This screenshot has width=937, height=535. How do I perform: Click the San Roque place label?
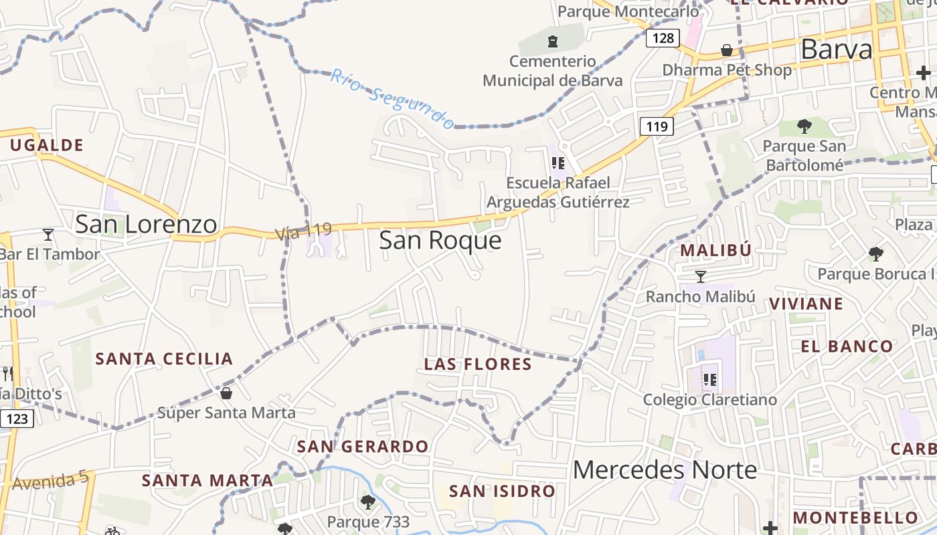coord(440,240)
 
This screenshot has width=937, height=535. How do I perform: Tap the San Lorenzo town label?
coord(146,224)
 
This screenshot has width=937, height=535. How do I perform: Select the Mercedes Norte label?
coord(665,469)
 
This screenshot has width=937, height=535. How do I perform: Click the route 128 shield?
coord(663,37)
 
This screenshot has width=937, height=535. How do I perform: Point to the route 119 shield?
coord(656,126)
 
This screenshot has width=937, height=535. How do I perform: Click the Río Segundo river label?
coord(393,98)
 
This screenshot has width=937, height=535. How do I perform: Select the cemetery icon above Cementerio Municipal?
coord(552,42)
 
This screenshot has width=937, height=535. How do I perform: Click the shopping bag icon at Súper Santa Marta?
coord(226,393)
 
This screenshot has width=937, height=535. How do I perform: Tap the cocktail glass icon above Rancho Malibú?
coord(701,276)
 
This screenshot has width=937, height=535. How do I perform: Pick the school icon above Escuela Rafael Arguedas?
coord(558,163)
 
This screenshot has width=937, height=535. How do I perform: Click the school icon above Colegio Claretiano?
coord(710,380)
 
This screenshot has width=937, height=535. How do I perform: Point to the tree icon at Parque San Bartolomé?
coord(804,126)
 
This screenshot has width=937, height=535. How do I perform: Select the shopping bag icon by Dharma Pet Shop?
coord(726,50)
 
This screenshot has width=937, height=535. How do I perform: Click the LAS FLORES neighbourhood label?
coord(478,364)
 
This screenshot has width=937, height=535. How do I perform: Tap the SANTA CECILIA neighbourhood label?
coord(164,358)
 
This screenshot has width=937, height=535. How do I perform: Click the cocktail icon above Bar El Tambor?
coord(48,234)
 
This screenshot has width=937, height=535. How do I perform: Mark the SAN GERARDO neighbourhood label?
coord(363,446)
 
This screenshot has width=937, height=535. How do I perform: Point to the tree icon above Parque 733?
coord(367,501)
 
